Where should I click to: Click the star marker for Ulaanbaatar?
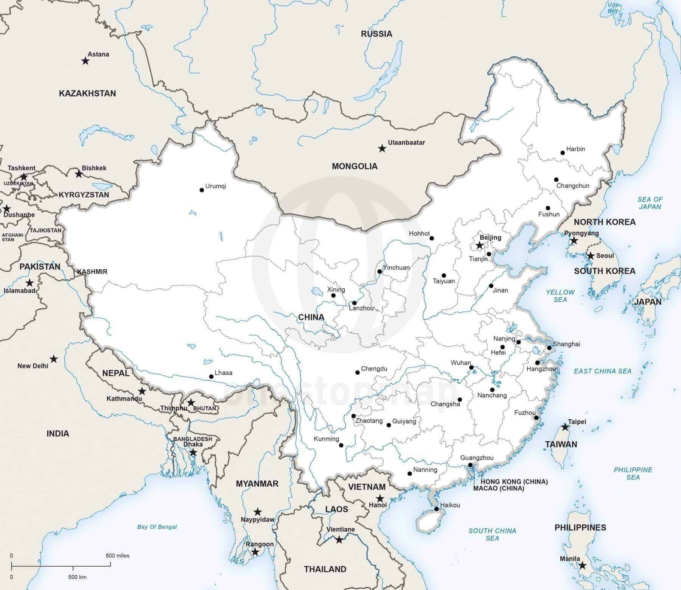(382, 149)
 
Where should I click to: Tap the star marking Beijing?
(479, 246)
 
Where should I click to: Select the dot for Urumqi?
(202, 190)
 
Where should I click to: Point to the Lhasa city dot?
(211, 377)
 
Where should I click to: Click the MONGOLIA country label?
(354, 166)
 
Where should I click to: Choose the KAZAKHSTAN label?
(87, 93)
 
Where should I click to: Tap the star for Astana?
(85, 61)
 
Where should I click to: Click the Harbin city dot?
(563, 153)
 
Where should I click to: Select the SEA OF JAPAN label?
(650, 203)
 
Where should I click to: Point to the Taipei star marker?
(565, 427)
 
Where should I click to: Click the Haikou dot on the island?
(436, 509)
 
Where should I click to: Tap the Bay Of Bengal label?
(157, 527)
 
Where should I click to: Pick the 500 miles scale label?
(118, 556)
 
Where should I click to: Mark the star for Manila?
(582, 576)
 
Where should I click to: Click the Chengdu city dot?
(358, 373)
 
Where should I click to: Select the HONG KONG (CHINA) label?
(514, 482)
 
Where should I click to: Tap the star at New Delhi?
(54, 358)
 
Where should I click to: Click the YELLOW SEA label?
(560, 296)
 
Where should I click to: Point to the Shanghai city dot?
(549, 347)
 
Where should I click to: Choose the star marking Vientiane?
(339, 540)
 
